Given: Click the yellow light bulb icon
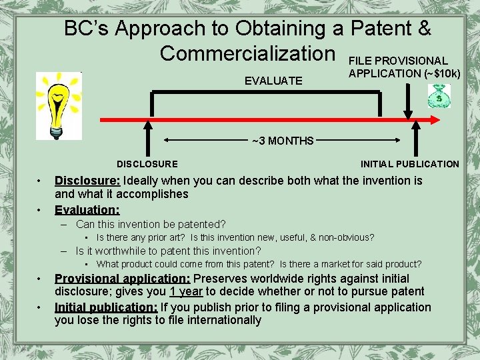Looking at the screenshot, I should (59, 105).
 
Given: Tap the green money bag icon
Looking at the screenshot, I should (439, 97).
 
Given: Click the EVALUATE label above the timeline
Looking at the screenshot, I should (273, 81).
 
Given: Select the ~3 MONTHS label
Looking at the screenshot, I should (283, 141).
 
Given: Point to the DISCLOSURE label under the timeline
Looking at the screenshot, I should (147, 164).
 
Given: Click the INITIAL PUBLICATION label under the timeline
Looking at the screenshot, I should (409, 164).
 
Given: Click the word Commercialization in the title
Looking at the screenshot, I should (247, 52).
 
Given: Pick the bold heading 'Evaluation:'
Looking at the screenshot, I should (87, 209).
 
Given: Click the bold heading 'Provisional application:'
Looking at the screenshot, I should (122, 279).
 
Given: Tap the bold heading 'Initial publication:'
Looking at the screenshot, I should (106, 307).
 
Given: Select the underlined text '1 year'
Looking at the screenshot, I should (186, 291).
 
